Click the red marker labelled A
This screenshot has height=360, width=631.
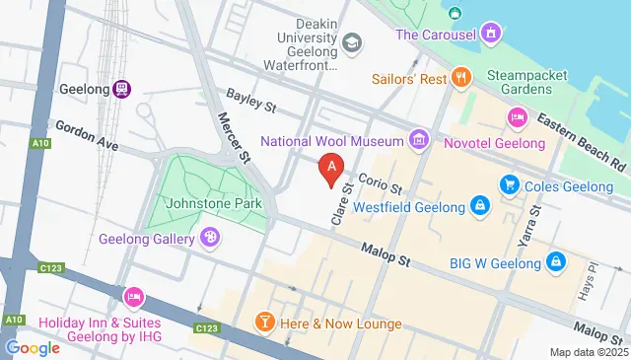coord(333,169)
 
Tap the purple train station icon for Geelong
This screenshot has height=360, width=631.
coord(121,88)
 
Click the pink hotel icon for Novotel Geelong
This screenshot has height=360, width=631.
coord(516,118)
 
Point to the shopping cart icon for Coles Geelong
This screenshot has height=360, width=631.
coord(509,183)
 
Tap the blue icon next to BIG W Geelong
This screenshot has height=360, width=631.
coord(556,261)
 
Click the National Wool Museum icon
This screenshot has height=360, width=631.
coord(419,141)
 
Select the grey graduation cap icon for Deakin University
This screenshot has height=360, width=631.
coord(352,43)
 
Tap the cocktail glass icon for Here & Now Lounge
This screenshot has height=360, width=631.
coord(264,323)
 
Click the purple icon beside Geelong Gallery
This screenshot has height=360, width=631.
coord(209,237)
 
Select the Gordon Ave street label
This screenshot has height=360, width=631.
coord(87,136)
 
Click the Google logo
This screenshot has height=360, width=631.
coord(33,347)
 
